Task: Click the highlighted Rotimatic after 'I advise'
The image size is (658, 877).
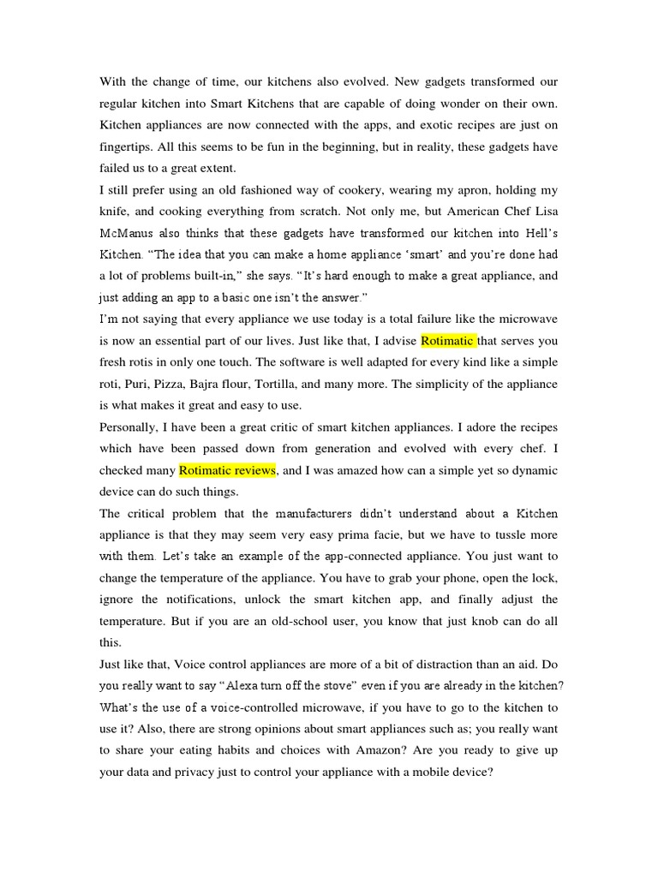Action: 447,340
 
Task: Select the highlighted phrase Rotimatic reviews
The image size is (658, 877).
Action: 227,470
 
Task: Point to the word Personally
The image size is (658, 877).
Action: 133,427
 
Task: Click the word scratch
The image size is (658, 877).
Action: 311,211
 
